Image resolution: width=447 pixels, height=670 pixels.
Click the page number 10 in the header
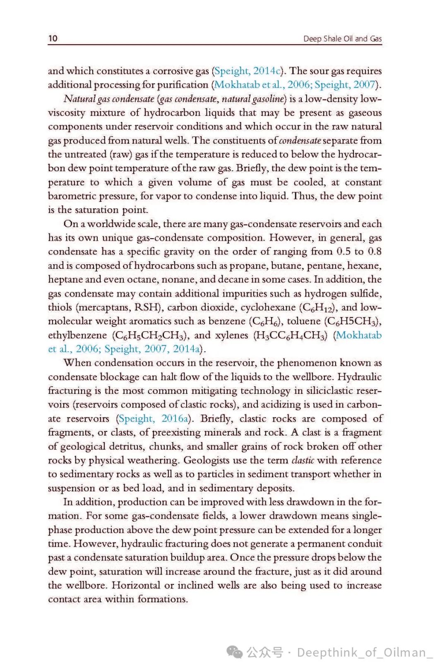click(53, 38)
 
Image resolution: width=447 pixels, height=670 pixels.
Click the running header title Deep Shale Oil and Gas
click(342, 38)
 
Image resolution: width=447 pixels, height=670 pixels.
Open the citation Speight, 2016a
click(154, 419)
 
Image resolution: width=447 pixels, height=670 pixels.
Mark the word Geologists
click(206, 460)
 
